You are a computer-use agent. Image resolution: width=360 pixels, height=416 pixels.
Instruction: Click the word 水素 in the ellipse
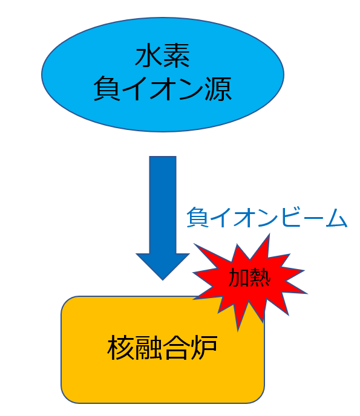[163, 56]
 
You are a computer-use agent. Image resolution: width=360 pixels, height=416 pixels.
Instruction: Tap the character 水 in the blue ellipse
[149, 56]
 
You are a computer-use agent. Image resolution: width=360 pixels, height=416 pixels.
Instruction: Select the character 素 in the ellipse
[177, 56]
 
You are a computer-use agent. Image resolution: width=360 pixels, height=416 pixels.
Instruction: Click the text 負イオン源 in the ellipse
[163, 89]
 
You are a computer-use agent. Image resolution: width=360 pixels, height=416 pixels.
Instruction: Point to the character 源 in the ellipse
[218, 89]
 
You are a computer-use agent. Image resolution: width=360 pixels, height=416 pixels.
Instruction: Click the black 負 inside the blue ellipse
[106, 89]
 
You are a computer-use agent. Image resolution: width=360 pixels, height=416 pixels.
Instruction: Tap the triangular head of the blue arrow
[163, 265]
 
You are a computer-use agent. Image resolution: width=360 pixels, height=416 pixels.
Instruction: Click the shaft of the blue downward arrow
[163, 204]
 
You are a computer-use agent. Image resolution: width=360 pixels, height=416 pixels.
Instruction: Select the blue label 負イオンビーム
[267, 218]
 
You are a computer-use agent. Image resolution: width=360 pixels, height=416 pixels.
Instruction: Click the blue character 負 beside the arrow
[197, 218]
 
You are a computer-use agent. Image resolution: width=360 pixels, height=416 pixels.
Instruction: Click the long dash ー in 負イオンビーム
[313, 218]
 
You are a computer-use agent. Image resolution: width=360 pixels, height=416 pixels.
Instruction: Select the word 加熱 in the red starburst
[249, 278]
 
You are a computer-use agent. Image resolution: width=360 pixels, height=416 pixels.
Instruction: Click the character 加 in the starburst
[238, 278]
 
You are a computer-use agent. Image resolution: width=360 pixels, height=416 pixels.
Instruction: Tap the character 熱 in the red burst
[260, 278]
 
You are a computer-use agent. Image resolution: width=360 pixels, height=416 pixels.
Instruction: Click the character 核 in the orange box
[121, 347]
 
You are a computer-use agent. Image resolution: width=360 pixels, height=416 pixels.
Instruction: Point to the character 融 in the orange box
[148, 347]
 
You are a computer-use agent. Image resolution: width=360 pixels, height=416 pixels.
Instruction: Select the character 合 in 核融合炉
[176, 347]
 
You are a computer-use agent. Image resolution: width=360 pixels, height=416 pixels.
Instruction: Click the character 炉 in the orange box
[204, 347]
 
